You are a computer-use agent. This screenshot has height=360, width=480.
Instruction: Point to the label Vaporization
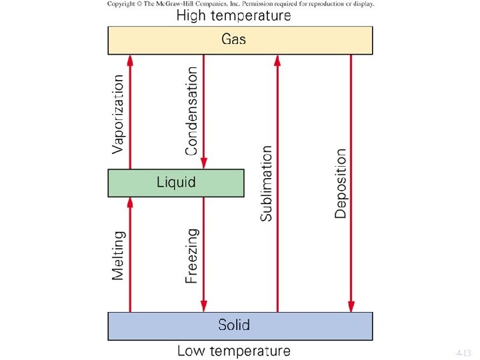tap(118, 113)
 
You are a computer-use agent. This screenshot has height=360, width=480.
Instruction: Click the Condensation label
tap(192, 111)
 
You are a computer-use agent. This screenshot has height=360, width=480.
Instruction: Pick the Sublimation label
tap(267, 183)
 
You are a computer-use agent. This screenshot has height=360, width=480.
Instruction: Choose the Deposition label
tap(341, 183)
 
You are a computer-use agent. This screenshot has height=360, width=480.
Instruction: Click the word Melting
tap(118, 255)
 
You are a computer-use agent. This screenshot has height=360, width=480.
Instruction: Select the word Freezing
tap(192, 256)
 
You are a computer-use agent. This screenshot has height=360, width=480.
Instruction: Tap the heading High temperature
tap(233, 15)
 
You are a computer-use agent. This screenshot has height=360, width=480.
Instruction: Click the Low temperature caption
tap(233, 351)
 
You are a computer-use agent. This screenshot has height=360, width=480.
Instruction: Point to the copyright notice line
tap(240, 3)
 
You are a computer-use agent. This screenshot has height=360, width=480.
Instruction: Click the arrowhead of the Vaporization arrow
tap(130, 61)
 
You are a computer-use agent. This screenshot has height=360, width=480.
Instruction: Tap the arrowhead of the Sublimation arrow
tap(277, 61)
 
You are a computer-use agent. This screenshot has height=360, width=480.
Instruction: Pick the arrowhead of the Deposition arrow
tap(351, 306)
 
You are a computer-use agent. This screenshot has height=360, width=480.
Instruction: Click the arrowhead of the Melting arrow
tap(130, 203)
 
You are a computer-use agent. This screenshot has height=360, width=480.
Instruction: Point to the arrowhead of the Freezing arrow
tap(204, 306)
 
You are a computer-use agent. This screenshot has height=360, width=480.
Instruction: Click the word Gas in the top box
tap(233, 39)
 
